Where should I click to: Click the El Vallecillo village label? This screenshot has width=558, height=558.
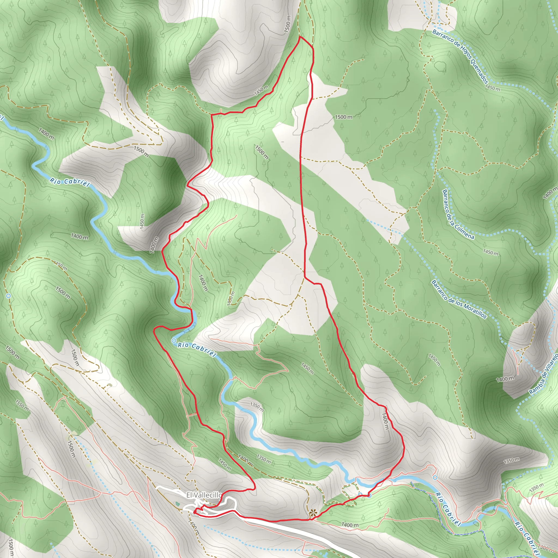[204, 495]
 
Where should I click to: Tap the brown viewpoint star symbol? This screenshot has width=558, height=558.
[312, 514]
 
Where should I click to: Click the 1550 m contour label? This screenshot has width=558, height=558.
[22, 405]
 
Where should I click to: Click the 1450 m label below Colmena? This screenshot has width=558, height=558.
[491, 252]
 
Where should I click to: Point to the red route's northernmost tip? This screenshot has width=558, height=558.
[300, 37]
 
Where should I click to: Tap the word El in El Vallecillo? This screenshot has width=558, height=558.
[189, 495]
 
